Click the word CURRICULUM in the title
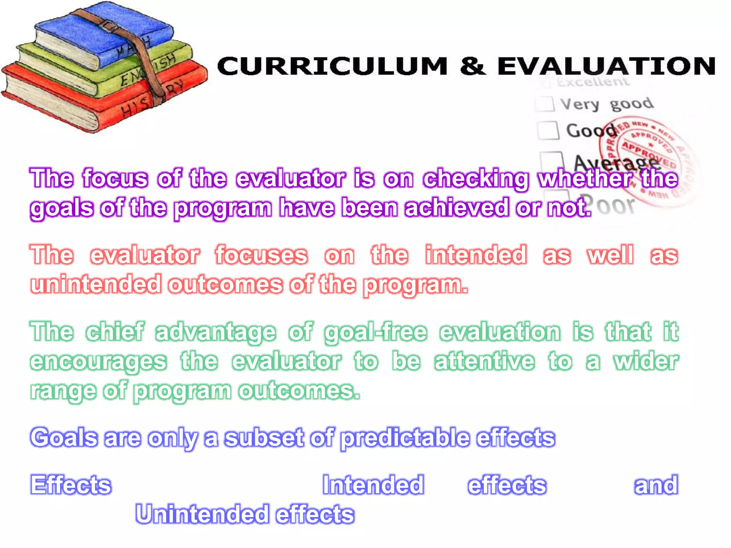coord(332,66)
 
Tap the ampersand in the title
coord(473,66)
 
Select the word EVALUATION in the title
coord(606,66)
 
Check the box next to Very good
coord(545,104)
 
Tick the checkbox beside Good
coord(548,130)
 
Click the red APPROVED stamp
coord(646,161)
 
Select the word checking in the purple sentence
coord(475,178)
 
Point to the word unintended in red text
coord(96,284)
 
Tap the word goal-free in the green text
coord(375,332)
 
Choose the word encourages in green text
coord(98,362)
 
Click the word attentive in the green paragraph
coord(484,361)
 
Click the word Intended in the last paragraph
coord(373,485)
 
